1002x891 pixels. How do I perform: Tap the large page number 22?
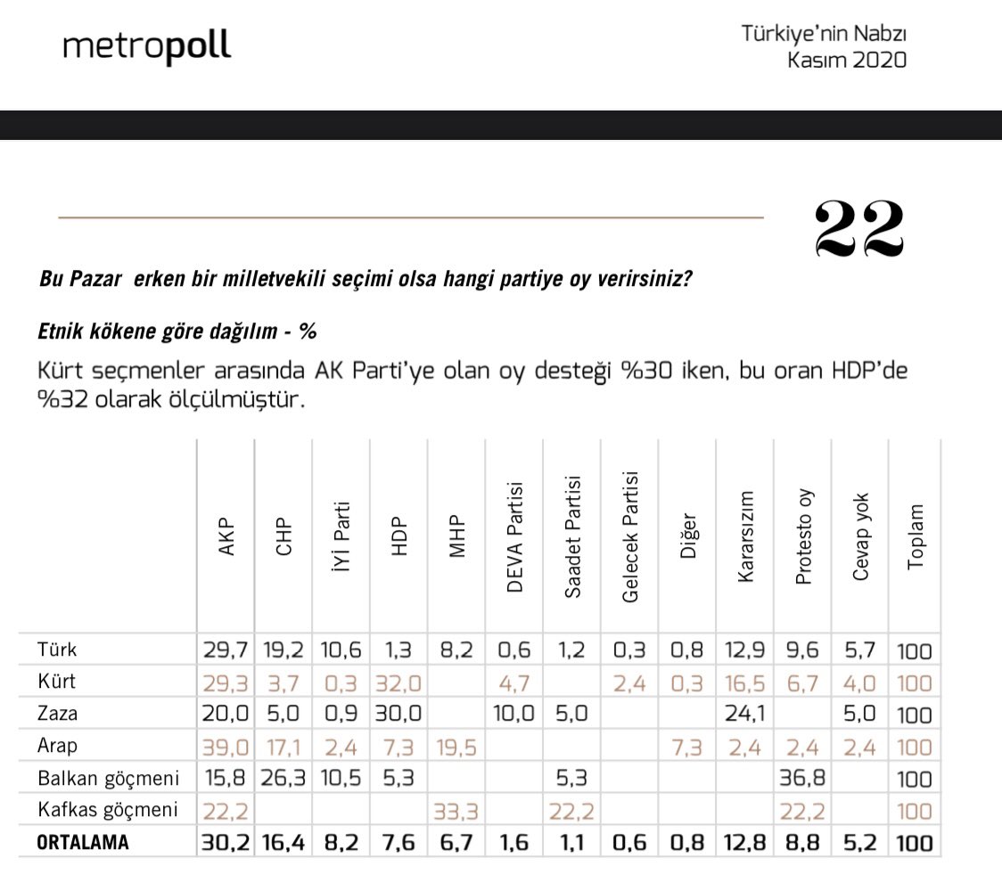pyautogui.click(x=859, y=227)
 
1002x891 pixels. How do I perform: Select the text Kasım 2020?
pyautogui.click(x=847, y=61)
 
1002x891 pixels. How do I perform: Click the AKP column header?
pyautogui.click(x=226, y=537)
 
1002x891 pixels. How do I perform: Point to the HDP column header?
pyautogui.click(x=398, y=537)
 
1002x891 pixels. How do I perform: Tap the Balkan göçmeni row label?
pyautogui.click(x=109, y=779)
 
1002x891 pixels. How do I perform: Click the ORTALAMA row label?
pyautogui.click(x=83, y=843)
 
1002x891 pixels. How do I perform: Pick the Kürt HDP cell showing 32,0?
pyautogui.click(x=399, y=683)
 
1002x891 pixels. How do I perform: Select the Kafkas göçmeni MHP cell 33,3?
pyautogui.click(x=457, y=811)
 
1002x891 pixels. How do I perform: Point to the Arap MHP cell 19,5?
pyautogui.click(x=457, y=747)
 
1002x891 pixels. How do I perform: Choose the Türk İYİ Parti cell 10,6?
pyautogui.click(x=341, y=650)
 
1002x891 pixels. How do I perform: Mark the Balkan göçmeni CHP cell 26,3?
pyautogui.click(x=283, y=779)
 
